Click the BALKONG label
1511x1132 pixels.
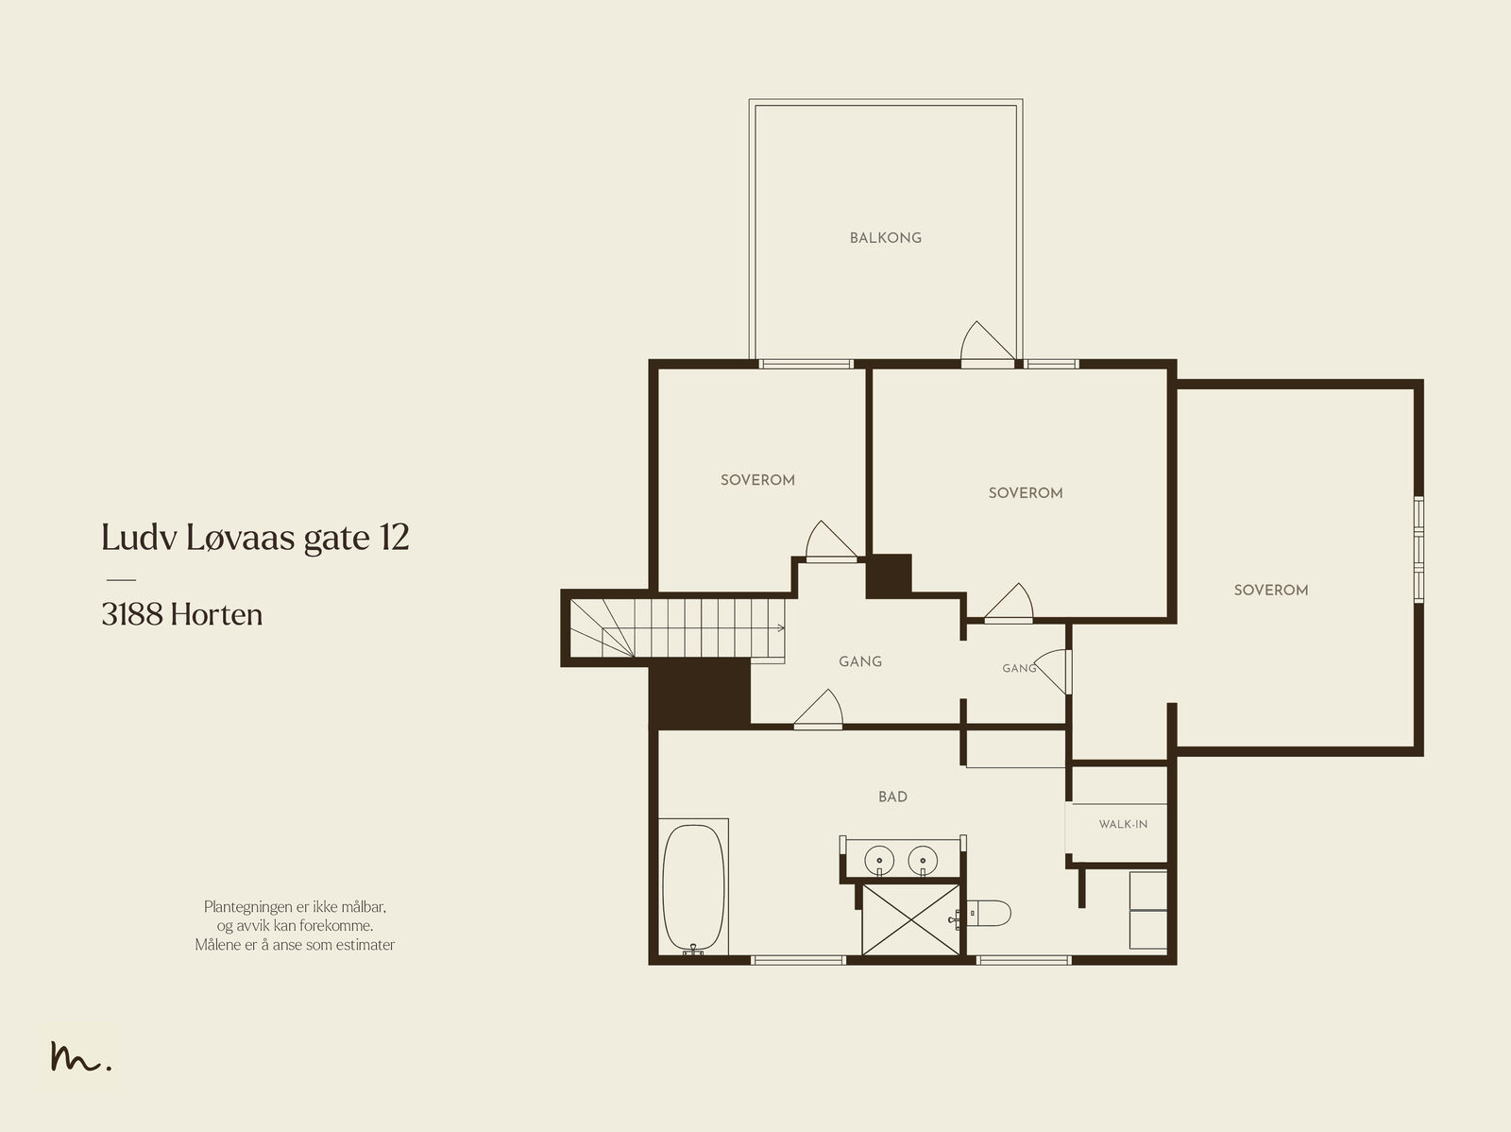coord(885,237)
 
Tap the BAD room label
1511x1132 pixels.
coord(892,797)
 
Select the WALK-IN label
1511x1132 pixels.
coord(1123,824)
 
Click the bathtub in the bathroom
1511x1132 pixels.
coord(693,888)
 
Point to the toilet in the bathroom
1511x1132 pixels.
coord(989,913)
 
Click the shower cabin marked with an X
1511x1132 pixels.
coord(910,920)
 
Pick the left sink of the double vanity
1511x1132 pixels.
coord(879,861)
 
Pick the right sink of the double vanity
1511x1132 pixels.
coord(923,861)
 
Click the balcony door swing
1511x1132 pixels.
coord(988,342)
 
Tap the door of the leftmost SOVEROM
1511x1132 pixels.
coord(832,541)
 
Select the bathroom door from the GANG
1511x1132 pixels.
coord(819,708)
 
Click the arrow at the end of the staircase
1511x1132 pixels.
coord(781,628)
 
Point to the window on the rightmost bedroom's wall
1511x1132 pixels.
coord(1418,550)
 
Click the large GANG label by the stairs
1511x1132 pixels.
coord(859,661)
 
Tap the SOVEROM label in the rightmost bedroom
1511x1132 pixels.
coord(1271,591)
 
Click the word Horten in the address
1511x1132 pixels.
coord(216,615)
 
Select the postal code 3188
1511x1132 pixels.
coord(133,615)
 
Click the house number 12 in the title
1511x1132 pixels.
coord(394,537)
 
